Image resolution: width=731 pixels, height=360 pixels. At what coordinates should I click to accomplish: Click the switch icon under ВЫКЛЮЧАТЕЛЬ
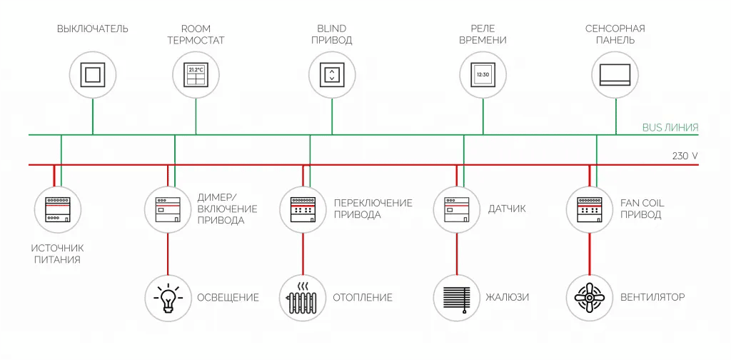(93, 74)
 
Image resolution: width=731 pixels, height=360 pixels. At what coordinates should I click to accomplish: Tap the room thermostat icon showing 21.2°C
(196, 74)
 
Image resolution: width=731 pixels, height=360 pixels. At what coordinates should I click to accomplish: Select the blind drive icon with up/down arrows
(332, 74)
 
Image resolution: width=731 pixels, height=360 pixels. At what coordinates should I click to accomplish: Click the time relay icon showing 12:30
(483, 74)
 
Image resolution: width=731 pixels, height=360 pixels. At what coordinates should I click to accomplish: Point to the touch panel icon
(615, 74)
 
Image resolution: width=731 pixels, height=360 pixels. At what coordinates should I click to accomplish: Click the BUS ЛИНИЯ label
(670, 128)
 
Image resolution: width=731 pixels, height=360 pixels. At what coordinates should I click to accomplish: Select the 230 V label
(685, 155)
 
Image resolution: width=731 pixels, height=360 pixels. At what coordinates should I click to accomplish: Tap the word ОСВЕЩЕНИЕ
(228, 297)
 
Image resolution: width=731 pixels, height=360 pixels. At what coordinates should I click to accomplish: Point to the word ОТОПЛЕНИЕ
(363, 297)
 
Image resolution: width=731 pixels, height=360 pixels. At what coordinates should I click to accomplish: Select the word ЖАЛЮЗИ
(508, 297)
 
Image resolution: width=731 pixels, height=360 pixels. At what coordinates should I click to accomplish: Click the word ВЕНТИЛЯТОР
(652, 297)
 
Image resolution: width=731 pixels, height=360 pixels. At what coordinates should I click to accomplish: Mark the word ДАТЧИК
(506, 209)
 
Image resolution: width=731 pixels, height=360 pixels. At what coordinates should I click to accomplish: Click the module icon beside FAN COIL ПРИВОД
(590, 209)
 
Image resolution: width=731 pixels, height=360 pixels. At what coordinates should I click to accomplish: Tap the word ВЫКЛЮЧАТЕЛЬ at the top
(93, 29)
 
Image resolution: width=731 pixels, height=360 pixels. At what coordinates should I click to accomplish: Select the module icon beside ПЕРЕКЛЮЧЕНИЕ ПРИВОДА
(303, 209)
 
